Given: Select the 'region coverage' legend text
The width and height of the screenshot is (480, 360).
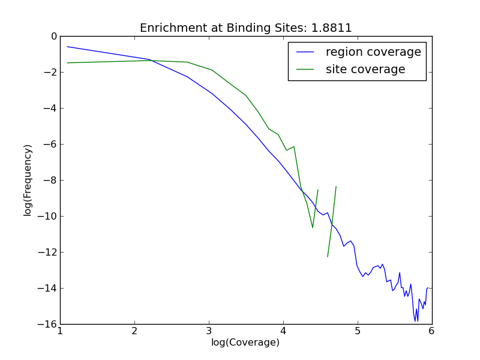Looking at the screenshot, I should (x=373, y=52).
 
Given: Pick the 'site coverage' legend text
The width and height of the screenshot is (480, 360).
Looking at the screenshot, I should (x=365, y=70).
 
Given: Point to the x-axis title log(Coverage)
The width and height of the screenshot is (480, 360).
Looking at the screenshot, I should (x=245, y=343).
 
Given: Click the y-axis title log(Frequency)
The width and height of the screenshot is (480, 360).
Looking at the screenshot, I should (x=28, y=180).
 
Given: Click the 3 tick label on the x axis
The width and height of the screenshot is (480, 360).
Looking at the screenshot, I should (x=209, y=331).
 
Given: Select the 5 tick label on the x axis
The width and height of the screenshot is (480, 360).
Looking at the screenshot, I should (x=358, y=331).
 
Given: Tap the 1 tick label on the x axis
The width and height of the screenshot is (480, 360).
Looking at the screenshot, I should (x=60, y=331).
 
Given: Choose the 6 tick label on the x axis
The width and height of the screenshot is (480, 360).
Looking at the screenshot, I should (x=431, y=331).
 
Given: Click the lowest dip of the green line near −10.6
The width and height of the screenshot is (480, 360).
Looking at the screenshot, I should (x=313, y=227).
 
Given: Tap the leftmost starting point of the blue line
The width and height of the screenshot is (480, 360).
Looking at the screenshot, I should (x=67, y=46).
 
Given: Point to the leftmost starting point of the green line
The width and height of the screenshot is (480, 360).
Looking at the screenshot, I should (x=67, y=63).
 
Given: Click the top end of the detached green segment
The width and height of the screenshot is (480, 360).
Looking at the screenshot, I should (x=336, y=187).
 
